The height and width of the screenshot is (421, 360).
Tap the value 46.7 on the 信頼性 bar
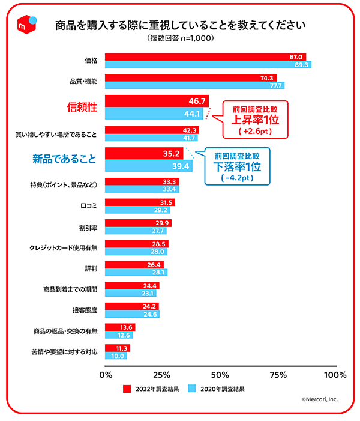(197, 101)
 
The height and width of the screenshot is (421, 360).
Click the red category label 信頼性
(81, 108)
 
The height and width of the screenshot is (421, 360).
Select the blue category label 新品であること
(64, 159)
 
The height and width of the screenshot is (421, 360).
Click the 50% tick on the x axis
(220, 375)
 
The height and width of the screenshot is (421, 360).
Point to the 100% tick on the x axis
(334, 375)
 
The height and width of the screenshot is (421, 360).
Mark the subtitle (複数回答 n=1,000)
(180, 38)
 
